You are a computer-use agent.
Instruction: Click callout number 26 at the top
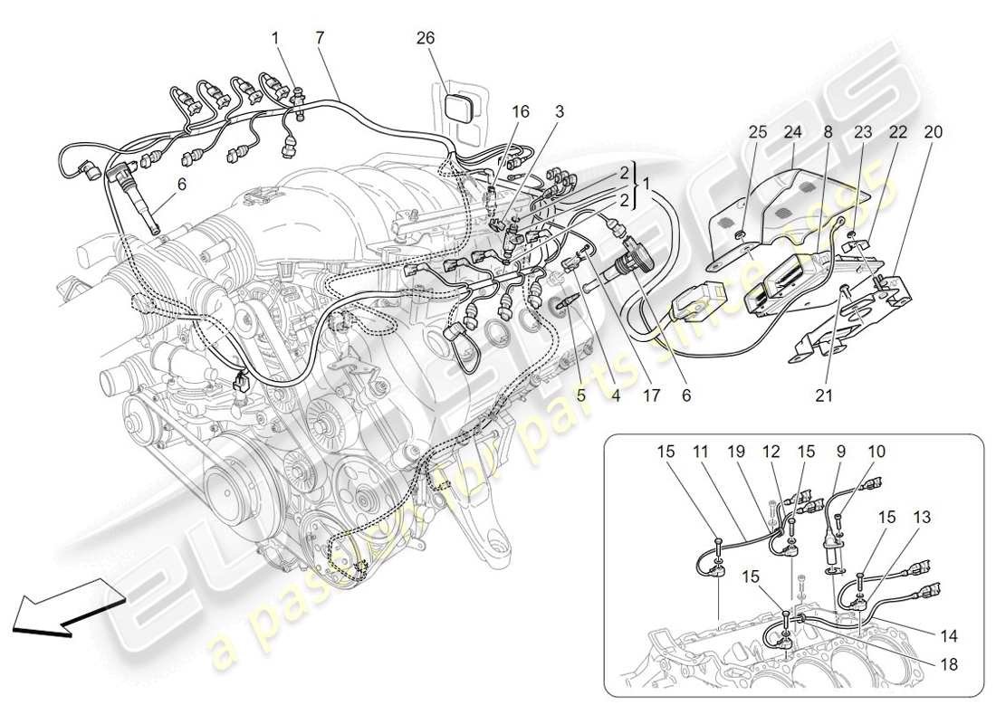point(426,38)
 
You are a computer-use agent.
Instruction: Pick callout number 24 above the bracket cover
point(793,132)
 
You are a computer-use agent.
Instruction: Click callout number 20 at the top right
point(933,132)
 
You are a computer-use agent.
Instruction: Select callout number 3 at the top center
point(560,112)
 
